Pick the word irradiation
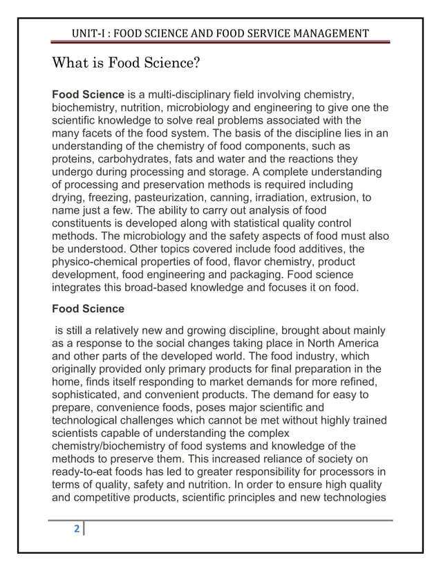point(283,198)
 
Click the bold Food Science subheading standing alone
point(88,308)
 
